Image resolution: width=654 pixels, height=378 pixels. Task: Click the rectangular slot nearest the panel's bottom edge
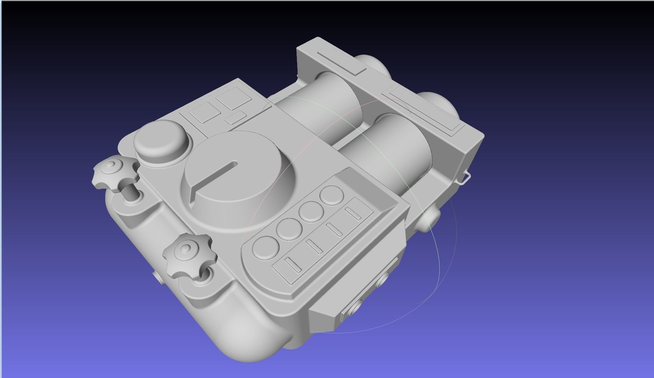[293, 265]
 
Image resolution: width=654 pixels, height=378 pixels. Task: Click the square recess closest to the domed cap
[204, 112]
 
